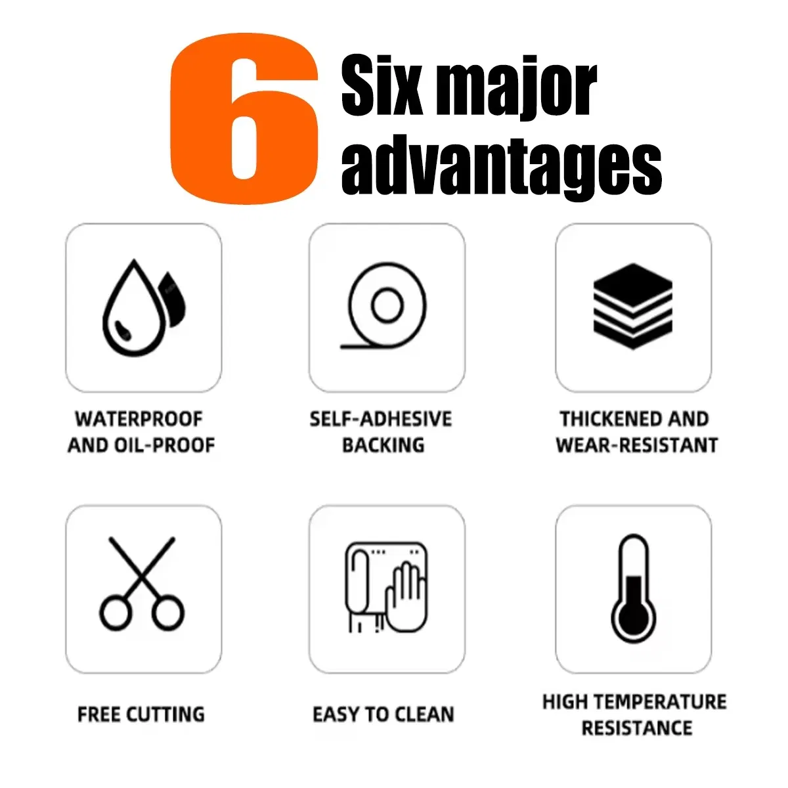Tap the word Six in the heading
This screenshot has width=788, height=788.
point(382,85)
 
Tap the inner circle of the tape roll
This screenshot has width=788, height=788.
point(387,305)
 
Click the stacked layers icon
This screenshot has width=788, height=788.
point(633,306)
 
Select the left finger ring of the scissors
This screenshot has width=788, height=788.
point(116,613)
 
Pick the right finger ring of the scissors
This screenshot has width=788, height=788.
point(168,613)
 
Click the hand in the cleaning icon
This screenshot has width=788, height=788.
point(406,601)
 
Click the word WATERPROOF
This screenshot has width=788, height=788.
point(139,419)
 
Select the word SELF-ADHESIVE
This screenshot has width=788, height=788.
point(381,419)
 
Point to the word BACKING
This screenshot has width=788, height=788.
point(383,445)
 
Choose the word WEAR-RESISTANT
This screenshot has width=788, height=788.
point(637,445)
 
